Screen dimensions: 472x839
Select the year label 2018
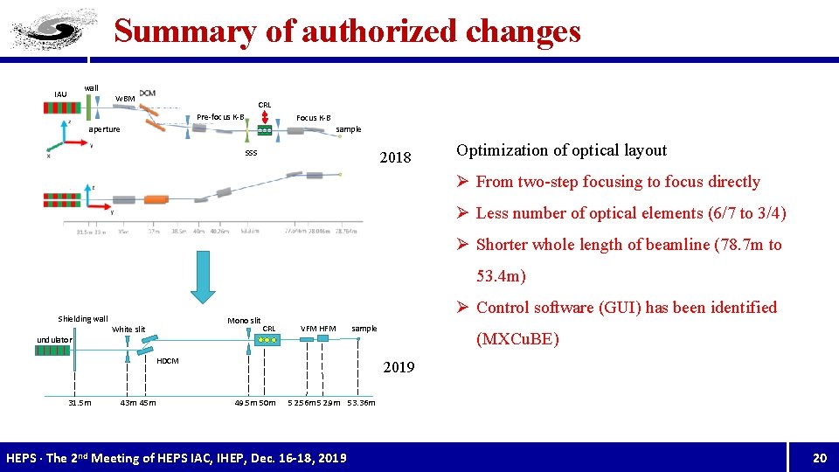394,158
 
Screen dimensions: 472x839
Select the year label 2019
399,367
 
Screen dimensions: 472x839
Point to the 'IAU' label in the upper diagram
60,94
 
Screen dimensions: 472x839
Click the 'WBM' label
126,99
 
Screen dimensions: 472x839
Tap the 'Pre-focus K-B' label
220,117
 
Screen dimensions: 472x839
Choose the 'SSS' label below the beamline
251,153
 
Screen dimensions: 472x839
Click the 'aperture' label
104,129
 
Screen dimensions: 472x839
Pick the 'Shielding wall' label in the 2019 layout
83,319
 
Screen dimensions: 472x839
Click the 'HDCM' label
167,361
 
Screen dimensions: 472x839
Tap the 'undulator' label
54,339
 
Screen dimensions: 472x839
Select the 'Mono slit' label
244,320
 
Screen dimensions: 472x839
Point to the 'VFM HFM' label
318,329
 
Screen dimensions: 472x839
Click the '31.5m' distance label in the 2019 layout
80,403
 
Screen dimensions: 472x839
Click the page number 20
819,458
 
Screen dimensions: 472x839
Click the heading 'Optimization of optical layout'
561,150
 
